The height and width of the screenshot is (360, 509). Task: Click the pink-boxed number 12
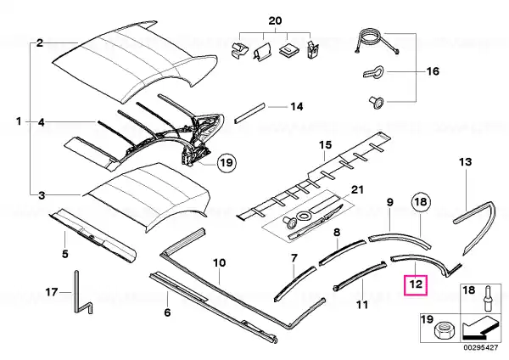click(x=416, y=285)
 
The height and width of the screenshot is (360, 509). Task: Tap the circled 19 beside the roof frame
click(x=227, y=162)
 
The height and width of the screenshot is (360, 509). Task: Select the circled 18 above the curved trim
click(x=421, y=202)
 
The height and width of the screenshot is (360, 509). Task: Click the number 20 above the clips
click(x=275, y=21)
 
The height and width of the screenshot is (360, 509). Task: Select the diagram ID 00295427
click(x=480, y=347)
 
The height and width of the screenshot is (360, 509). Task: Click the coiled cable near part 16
click(x=371, y=40)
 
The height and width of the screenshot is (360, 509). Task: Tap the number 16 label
click(x=433, y=71)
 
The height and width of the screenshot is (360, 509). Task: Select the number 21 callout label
click(x=357, y=189)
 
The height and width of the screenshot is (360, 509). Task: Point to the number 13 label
click(x=466, y=161)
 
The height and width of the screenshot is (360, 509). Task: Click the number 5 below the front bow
click(x=65, y=253)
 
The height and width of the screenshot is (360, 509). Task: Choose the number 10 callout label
click(x=220, y=262)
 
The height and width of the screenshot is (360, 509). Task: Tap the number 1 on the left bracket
click(x=19, y=121)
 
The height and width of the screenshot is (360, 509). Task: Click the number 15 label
click(x=326, y=145)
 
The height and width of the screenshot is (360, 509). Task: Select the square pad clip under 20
click(x=288, y=50)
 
